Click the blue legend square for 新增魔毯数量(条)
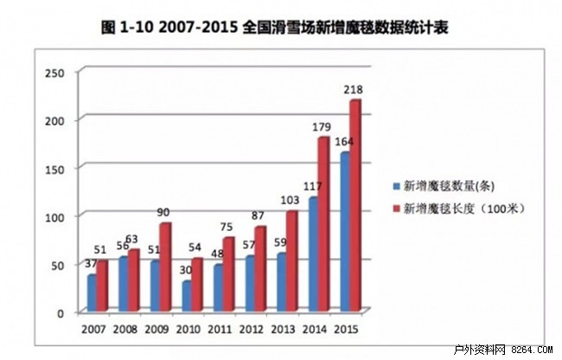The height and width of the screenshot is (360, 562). tap(394, 185)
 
